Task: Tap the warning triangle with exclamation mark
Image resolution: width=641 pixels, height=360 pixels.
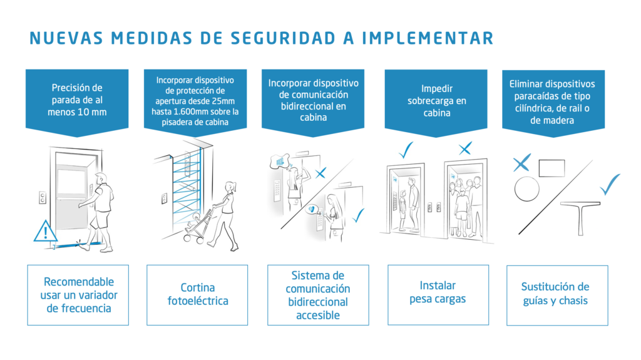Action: pos(45,232)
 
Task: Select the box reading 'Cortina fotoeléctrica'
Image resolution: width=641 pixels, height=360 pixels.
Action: pos(197,294)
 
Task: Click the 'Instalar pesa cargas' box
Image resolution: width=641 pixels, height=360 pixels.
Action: pos(438,294)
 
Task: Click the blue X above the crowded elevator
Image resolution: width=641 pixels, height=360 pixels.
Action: pos(464,148)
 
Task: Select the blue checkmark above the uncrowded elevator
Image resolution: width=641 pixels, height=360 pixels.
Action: pos(407,150)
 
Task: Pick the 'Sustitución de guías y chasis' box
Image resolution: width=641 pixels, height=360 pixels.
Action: pos(556,294)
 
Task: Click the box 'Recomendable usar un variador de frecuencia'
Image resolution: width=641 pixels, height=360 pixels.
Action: pos(78,294)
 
